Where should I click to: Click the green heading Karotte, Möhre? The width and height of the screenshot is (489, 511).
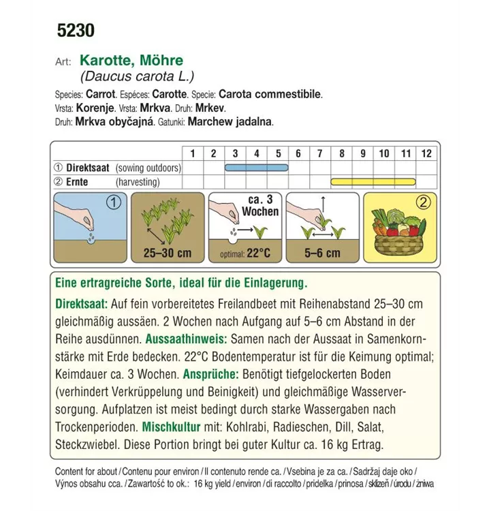tap(131, 61)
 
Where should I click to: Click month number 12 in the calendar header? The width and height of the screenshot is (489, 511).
tap(426, 153)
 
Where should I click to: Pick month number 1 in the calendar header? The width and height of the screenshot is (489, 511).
tap(192, 153)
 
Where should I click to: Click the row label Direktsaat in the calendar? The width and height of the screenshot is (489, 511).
tap(87, 168)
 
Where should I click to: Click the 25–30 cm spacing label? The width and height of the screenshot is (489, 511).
tap(167, 253)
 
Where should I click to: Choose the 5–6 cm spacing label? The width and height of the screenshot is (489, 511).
tap(322, 253)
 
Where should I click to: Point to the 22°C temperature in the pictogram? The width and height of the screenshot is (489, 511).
tap(258, 253)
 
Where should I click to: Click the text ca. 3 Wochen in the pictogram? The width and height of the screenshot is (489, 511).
tap(259, 205)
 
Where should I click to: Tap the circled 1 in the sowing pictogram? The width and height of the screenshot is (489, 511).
tap(113, 202)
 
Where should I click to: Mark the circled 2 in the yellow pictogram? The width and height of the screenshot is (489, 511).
tap(423, 202)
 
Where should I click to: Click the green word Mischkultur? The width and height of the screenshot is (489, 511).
tap(171, 428)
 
